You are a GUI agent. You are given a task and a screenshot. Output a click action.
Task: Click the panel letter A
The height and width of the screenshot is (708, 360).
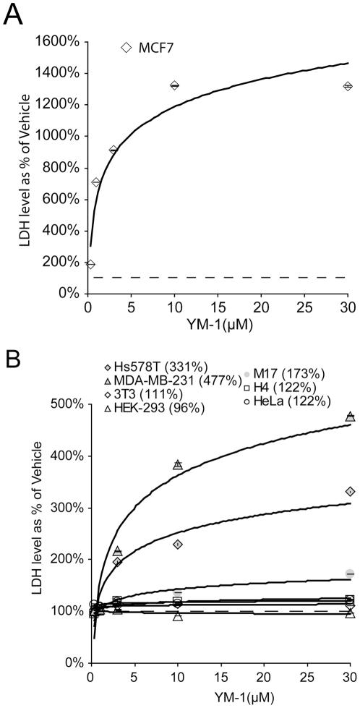tap(13, 14)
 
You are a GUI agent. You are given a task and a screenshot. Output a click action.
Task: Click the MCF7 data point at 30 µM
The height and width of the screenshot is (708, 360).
tap(348, 86)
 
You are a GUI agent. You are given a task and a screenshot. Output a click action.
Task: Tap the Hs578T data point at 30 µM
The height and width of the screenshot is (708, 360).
tap(351, 492)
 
